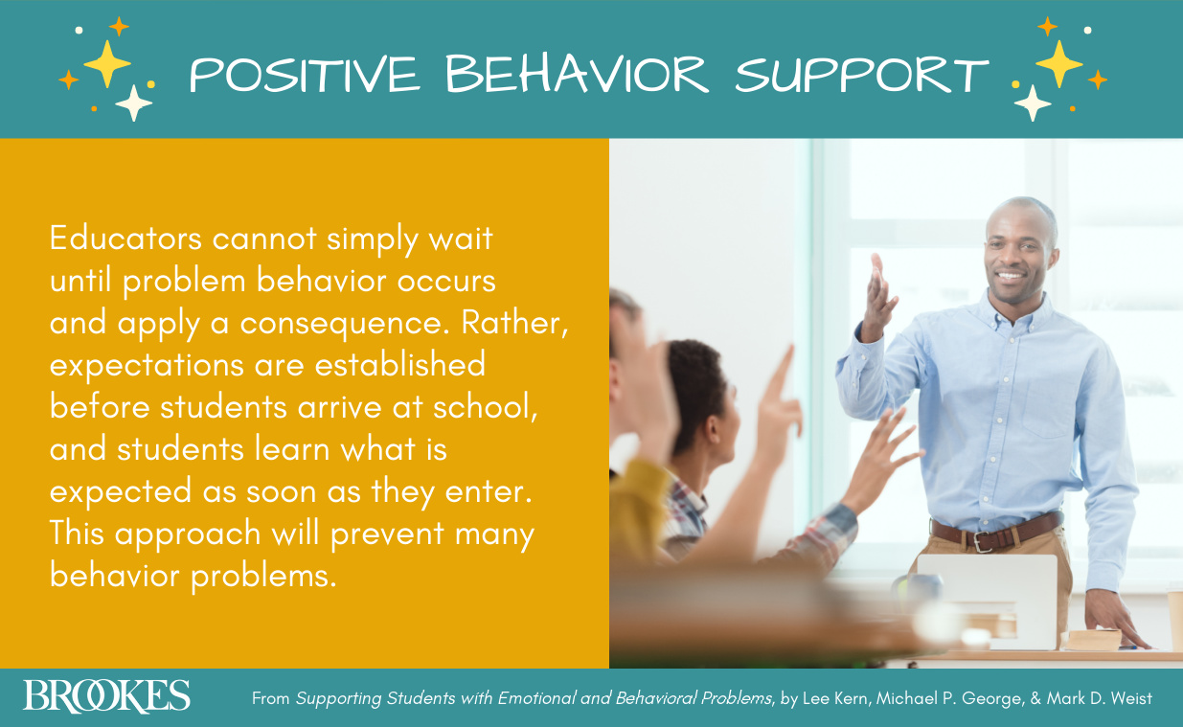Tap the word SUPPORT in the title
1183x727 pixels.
(x=861, y=74)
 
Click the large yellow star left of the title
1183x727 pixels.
(x=107, y=63)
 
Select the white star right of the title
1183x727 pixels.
(x=1032, y=102)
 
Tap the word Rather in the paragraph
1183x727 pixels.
(x=513, y=323)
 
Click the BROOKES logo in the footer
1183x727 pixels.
(x=106, y=696)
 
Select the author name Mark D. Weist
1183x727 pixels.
(x=1101, y=698)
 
